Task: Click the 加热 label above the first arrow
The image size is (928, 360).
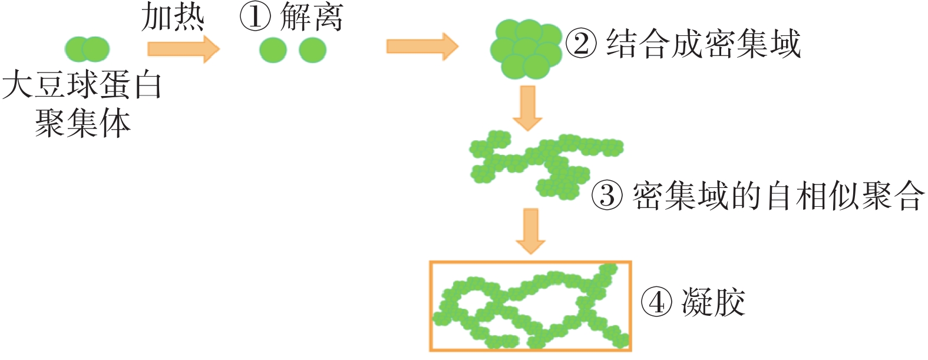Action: click(x=173, y=18)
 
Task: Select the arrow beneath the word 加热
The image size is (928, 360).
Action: click(x=183, y=48)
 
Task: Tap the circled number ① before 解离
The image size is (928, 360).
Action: click(x=255, y=16)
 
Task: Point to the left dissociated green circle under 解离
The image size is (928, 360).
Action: click(x=273, y=50)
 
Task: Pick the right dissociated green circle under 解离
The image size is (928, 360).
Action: click(x=312, y=50)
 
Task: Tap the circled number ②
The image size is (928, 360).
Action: click(x=581, y=44)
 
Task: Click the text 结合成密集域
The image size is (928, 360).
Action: click(x=704, y=44)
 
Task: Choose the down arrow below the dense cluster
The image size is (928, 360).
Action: click(x=527, y=108)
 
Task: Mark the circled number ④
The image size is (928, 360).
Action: click(x=656, y=303)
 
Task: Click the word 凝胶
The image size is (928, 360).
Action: click(x=714, y=303)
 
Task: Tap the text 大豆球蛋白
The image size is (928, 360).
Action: click(x=82, y=86)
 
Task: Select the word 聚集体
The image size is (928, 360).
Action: click(x=82, y=124)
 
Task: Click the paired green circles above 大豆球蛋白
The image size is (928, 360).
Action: click(x=87, y=49)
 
